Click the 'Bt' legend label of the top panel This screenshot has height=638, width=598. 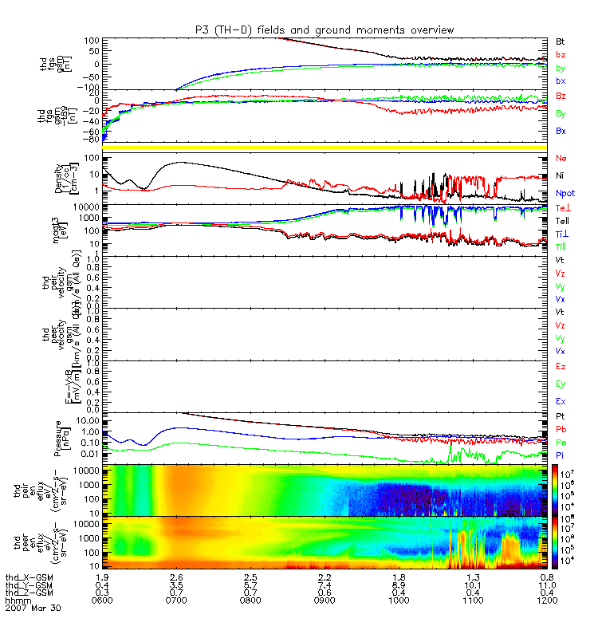click(561, 41)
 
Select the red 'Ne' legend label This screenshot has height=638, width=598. click(561, 158)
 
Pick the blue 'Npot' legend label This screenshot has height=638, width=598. click(564, 193)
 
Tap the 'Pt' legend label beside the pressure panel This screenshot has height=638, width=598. click(561, 417)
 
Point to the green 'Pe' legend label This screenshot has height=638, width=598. click(561, 442)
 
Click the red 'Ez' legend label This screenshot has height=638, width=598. click(561, 365)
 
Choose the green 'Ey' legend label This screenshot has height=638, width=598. click(561, 384)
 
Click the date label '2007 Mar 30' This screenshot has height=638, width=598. click(33, 608)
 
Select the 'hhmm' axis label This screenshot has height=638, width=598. click(17, 599)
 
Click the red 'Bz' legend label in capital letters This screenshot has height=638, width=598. click(561, 96)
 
